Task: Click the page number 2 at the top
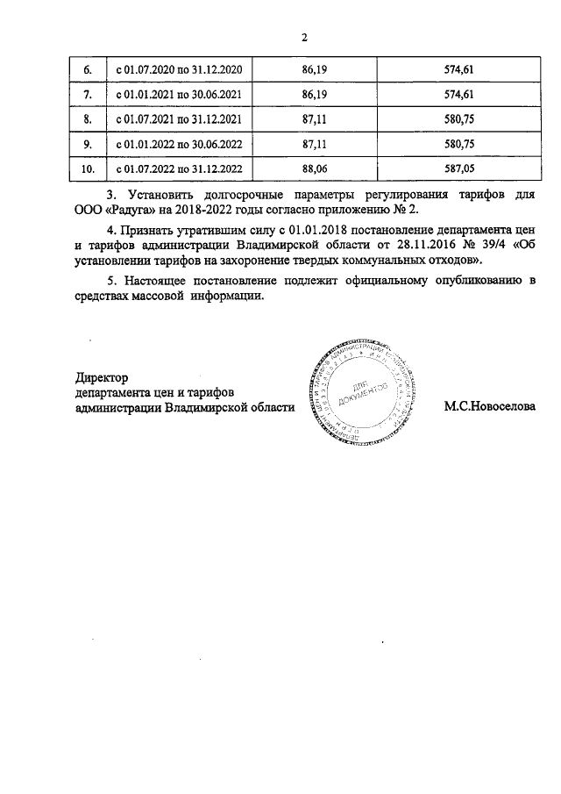point(304,38)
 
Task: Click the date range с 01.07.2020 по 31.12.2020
point(180,68)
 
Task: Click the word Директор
point(102,377)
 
